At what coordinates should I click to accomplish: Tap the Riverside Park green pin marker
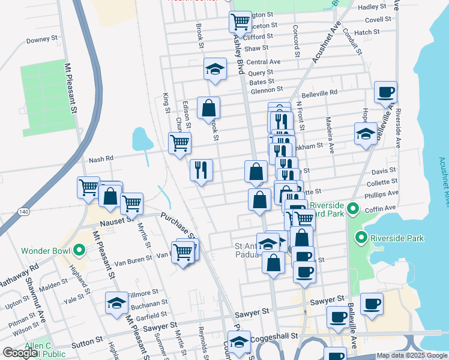click(x=361, y=238)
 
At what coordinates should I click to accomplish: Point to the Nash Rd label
click(x=101, y=160)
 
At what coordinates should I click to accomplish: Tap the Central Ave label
click(x=264, y=62)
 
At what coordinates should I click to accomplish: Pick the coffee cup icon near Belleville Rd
click(x=385, y=93)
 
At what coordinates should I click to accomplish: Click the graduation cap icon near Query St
click(x=215, y=70)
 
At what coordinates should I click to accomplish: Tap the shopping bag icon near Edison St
click(x=208, y=109)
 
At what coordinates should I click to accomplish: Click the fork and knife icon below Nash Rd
click(x=201, y=170)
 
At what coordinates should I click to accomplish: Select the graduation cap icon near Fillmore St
click(x=116, y=303)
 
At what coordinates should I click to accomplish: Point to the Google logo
click(x=20, y=353)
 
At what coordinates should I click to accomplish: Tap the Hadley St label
click(x=372, y=6)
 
